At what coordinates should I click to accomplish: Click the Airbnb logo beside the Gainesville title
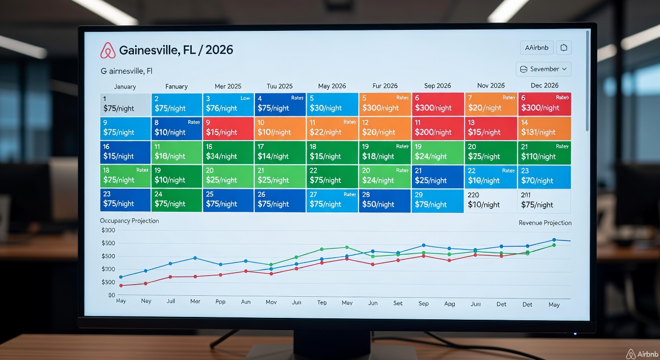point(108,51)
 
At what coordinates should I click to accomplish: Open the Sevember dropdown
point(543,69)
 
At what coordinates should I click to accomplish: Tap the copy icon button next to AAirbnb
point(564,47)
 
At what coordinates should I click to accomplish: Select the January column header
point(125,87)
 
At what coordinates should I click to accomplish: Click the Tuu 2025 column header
point(279,86)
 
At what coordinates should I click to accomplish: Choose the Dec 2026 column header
point(544,86)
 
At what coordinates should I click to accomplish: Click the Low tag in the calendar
point(245,98)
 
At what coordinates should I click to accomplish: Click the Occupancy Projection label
point(129,221)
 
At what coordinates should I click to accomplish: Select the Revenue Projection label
point(545,223)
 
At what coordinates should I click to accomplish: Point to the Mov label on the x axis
point(271,302)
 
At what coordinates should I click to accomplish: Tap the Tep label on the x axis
point(322,303)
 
